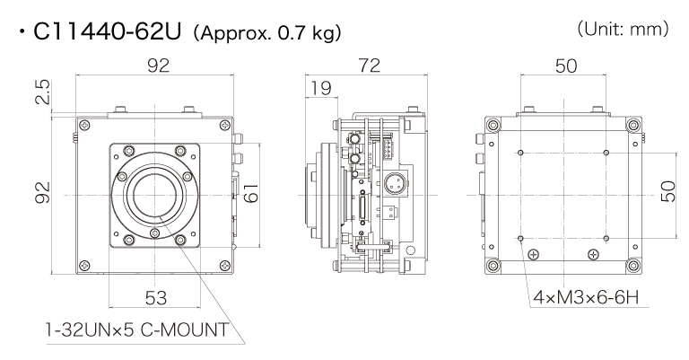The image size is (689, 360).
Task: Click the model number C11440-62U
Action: (109, 33)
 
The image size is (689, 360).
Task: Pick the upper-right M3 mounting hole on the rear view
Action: (607, 153)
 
